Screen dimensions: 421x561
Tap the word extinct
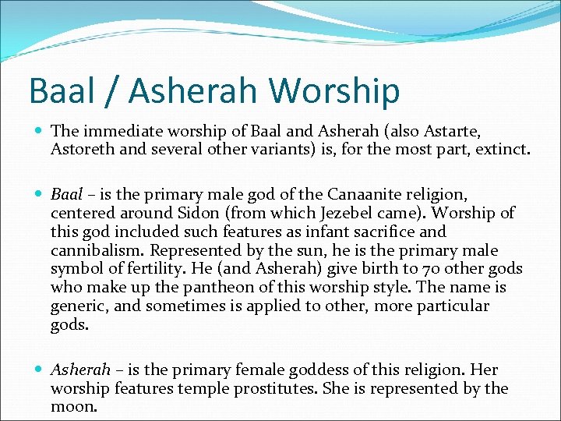pyautogui.click(x=503, y=149)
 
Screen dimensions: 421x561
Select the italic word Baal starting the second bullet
pyautogui.click(x=66, y=194)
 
